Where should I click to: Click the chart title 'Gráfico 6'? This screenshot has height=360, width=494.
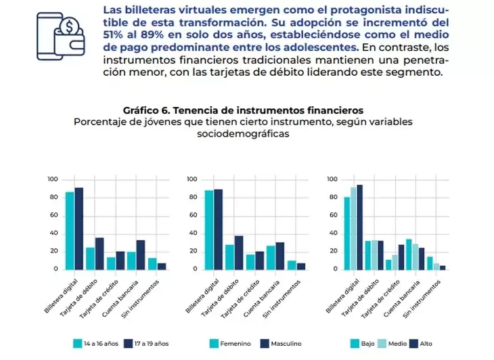pyautogui.click(x=244, y=110)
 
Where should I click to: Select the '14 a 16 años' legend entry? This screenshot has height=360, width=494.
pyautogui.click(x=95, y=344)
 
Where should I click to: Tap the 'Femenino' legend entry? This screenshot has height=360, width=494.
pyautogui.click(x=229, y=344)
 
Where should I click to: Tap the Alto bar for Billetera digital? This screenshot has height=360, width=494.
pyautogui.click(x=360, y=227)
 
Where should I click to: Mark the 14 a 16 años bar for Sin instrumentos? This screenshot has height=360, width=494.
pyautogui.click(x=152, y=263)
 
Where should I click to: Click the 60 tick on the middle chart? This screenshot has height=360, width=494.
pyautogui.click(x=193, y=215)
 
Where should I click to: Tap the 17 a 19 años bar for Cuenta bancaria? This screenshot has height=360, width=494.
pyautogui.click(x=140, y=254)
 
